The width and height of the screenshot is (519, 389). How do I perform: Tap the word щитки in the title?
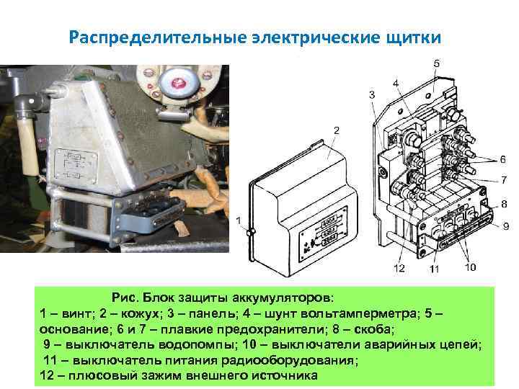pyautogui.click(x=409, y=37)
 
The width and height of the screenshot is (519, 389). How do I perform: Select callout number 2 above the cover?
pyautogui.click(x=337, y=130)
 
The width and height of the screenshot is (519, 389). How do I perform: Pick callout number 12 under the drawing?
pyautogui.click(x=399, y=268)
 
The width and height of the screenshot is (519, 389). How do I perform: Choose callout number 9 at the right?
pyautogui.click(x=506, y=225)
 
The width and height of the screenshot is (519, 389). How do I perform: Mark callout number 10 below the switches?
pyautogui.click(x=470, y=267)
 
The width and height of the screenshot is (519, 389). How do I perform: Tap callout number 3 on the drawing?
pyautogui.click(x=372, y=94)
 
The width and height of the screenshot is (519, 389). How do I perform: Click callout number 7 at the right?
pyautogui.click(x=505, y=180)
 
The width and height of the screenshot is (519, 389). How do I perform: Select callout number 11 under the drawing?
pyautogui.click(x=435, y=269)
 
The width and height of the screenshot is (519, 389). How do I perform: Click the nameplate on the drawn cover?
pyautogui.click(x=328, y=230)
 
